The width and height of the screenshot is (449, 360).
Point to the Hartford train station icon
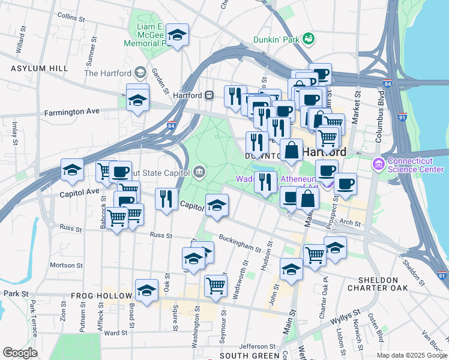[210, 95]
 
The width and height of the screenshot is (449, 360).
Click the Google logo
[19, 352]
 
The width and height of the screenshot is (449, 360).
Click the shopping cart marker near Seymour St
[215, 286]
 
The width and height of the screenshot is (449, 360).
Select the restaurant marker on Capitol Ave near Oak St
[166, 199]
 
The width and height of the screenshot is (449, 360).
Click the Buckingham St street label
[241, 244]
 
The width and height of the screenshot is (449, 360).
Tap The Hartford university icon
[140, 73]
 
